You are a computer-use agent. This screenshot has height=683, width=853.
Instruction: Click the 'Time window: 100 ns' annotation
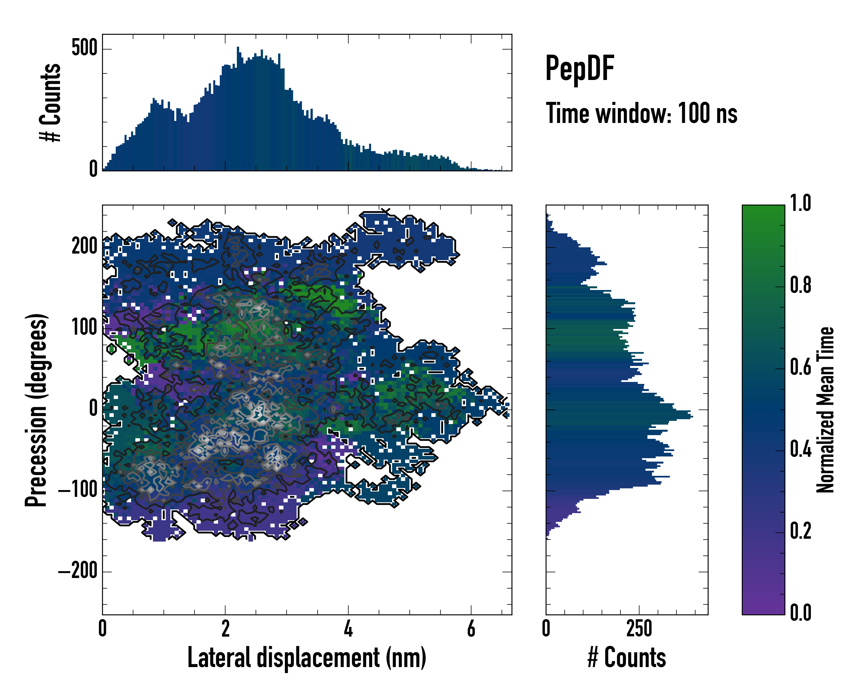click(x=641, y=114)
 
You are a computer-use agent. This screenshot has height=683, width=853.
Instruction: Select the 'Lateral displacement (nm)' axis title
click(x=307, y=658)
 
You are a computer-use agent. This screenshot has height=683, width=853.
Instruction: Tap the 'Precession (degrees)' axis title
click(x=36, y=410)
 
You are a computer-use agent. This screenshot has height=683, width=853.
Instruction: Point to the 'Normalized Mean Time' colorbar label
click(x=825, y=410)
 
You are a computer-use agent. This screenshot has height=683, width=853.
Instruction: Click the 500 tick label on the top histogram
click(x=84, y=49)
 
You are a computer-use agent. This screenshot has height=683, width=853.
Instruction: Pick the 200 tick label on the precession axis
click(x=84, y=247)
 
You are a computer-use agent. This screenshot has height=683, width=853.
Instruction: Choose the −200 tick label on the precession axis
click(x=78, y=571)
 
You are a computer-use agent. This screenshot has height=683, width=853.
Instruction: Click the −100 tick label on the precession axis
click(x=78, y=490)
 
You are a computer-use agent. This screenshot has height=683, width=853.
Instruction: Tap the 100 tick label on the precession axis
click(x=84, y=328)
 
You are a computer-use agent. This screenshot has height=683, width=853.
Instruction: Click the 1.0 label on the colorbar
click(x=800, y=203)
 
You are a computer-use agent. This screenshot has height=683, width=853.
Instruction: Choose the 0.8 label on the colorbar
click(x=800, y=285)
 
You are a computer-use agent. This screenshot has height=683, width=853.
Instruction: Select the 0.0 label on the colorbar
click(x=800, y=612)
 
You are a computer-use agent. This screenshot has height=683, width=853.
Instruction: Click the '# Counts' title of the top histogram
click(x=51, y=102)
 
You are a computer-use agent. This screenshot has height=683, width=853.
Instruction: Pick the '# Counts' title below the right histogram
click(x=627, y=658)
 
